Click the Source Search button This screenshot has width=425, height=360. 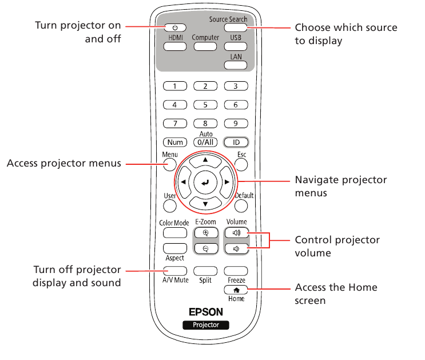click(x=235, y=27)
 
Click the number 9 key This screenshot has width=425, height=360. click(x=235, y=123)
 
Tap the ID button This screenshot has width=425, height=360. click(x=235, y=142)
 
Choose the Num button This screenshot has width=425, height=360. click(x=175, y=142)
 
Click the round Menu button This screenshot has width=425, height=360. click(x=169, y=164)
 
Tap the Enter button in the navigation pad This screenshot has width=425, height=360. click(x=205, y=182)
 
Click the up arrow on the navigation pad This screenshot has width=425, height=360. click(x=205, y=160)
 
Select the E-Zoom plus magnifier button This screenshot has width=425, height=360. click(x=205, y=232)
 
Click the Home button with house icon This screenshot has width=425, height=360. click(x=235, y=291)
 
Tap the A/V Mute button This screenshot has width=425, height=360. click(x=175, y=270)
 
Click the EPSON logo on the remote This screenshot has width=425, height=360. click(x=205, y=312)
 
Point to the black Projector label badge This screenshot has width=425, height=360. click(x=205, y=325)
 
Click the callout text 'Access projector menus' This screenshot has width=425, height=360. click(x=63, y=164)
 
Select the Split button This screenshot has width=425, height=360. click(x=205, y=270)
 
